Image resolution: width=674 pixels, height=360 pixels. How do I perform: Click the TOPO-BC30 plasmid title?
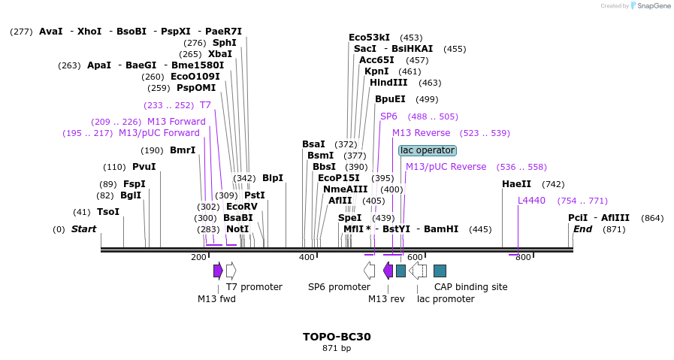337,337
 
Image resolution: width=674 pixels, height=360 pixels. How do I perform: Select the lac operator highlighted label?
427,150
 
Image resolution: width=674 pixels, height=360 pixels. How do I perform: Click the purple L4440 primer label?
531,201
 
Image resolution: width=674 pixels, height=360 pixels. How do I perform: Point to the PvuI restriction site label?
144,167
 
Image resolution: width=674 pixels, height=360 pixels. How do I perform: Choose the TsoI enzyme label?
108,212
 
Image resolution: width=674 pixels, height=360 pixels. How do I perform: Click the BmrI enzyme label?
183,150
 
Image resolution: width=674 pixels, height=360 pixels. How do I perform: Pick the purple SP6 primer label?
388,116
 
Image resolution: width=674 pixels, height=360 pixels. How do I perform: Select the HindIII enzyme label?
388,83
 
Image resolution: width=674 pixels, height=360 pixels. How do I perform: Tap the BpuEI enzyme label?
390,99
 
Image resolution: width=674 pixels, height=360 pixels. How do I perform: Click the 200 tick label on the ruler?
198,257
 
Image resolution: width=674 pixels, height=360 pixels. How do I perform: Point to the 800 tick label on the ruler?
523,257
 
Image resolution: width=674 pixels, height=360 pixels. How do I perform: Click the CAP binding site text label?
470,287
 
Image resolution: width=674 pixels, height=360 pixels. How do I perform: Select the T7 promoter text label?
254,287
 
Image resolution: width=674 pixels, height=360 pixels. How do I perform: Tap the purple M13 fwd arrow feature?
218,271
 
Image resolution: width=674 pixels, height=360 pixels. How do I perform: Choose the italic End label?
582,228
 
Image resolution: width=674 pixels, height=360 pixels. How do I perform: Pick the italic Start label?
83,228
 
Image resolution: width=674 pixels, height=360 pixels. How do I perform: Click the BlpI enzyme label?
273,178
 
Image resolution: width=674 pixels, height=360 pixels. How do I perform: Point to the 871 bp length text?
337,348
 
